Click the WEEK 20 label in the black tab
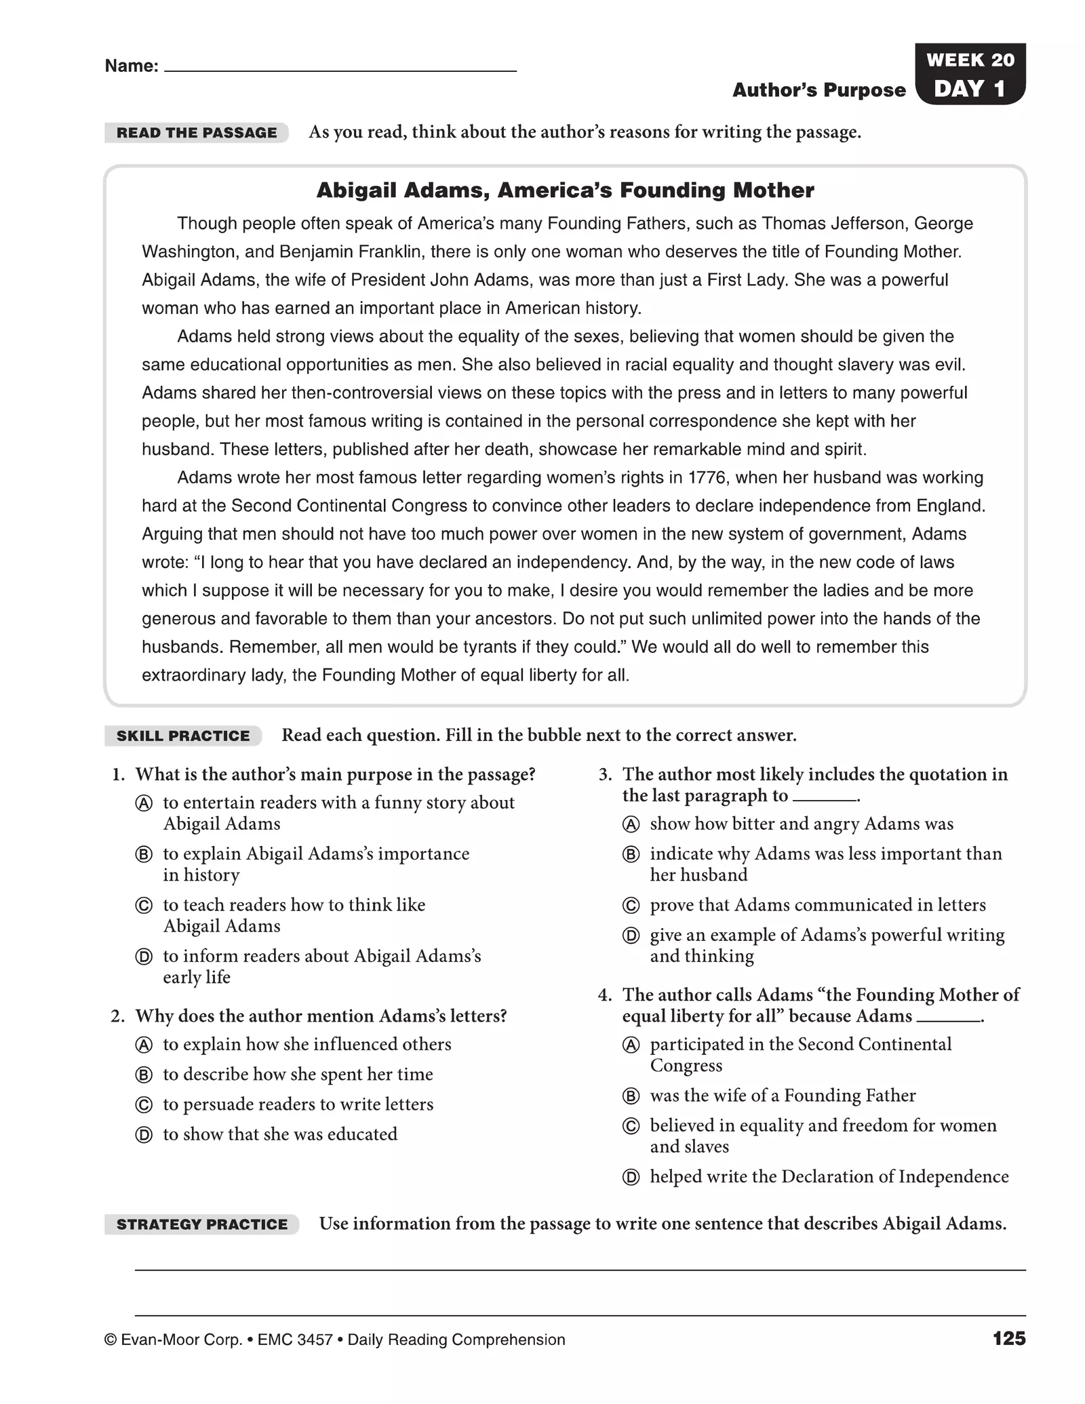[x=970, y=60]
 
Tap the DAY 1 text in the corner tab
[x=969, y=89]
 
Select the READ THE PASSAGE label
[x=197, y=133]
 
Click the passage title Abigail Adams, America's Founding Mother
[x=565, y=190]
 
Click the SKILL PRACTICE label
[x=183, y=736]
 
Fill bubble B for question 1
[x=144, y=855]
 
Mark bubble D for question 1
[x=144, y=957]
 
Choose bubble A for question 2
[x=144, y=1045]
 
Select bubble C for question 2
[x=144, y=1105]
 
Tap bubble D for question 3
[x=631, y=936]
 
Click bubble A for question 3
[x=631, y=825]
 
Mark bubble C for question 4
[x=631, y=1127]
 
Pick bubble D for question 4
[x=631, y=1178]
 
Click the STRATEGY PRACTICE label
[x=202, y=1224]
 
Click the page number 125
[x=1008, y=1339]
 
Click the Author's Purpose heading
[x=818, y=90]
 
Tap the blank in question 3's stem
[x=824, y=798]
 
